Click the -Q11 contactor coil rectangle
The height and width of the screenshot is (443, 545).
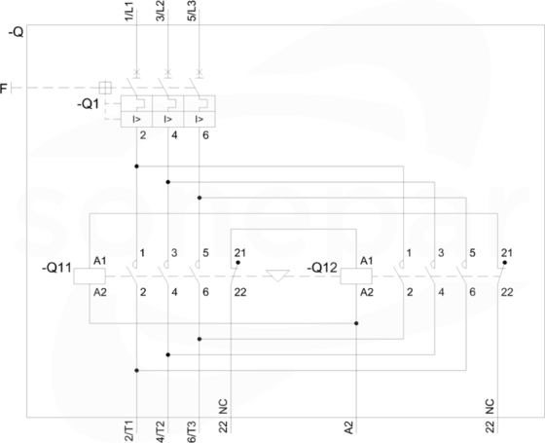click(x=90, y=277)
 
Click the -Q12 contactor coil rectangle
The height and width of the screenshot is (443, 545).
click(x=356, y=277)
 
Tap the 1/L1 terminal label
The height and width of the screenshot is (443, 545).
click(x=128, y=11)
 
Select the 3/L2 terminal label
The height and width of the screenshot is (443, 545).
click(x=161, y=11)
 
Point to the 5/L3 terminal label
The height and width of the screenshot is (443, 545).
click(x=192, y=11)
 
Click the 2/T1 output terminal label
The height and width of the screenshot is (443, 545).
click(x=128, y=431)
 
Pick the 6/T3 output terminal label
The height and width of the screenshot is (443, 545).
click(x=192, y=431)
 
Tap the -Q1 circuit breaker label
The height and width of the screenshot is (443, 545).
click(x=89, y=103)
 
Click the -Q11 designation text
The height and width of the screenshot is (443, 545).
click(x=56, y=268)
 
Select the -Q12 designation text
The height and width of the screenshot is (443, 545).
click(x=322, y=268)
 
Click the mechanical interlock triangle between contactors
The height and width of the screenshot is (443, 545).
click(x=277, y=276)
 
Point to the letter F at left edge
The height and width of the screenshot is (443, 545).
click(x=4, y=89)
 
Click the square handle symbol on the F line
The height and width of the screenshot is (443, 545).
click(x=105, y=88)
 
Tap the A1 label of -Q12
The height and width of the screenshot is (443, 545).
click(x=366, y=261)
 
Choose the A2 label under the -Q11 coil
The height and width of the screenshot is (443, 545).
click(x=99, y=292)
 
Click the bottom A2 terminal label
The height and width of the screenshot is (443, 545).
click(x=349, y=427)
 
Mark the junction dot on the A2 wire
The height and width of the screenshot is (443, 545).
click(x=356, y=323)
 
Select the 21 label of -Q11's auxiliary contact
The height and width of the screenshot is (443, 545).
click(x=239, y=253)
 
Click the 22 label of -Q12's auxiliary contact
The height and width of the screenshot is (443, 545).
click(x=507, y=292)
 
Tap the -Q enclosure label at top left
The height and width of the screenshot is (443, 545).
click(x=16, y=32)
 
